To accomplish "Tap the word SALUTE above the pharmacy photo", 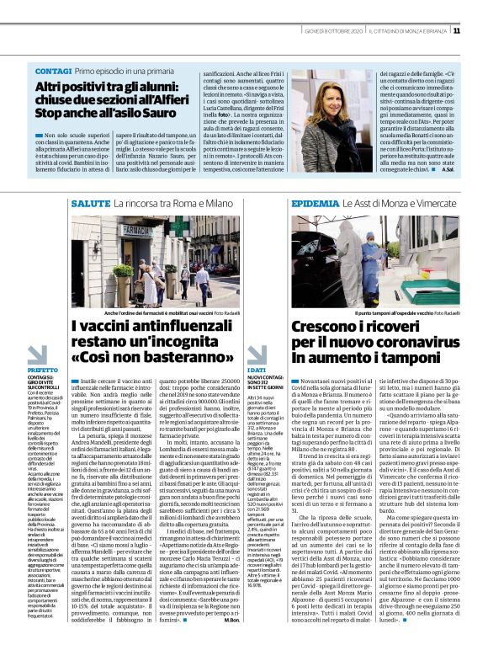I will [x=90, y=205].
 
